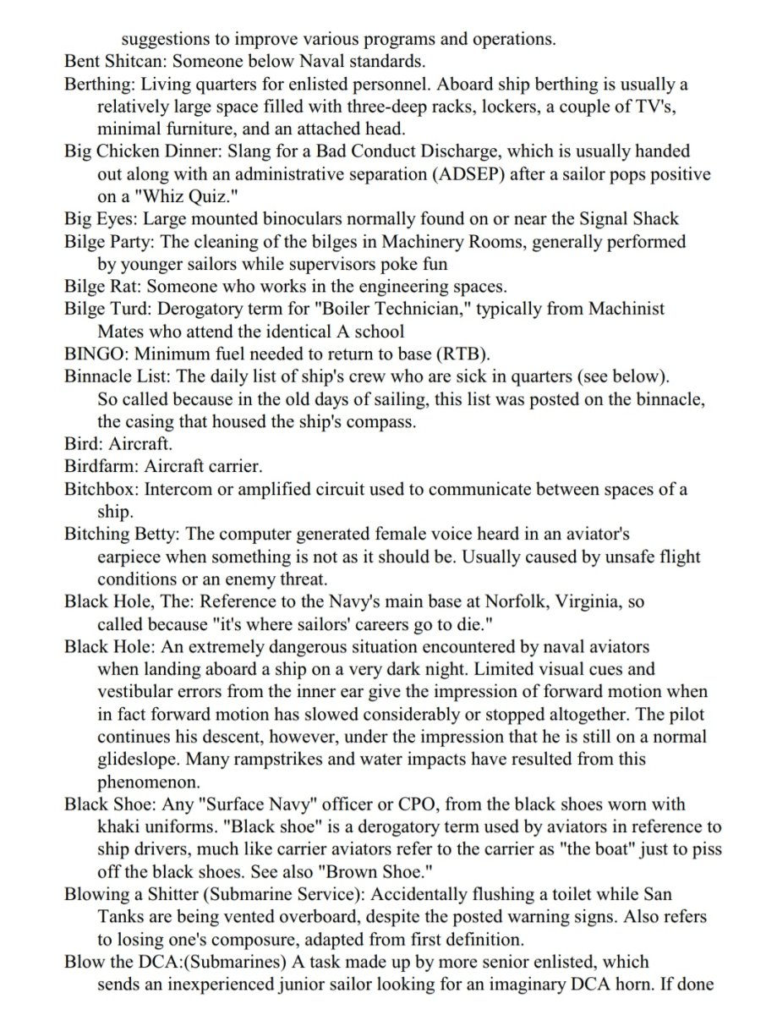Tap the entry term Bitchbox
pyautogui.click(x=100, y=489)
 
